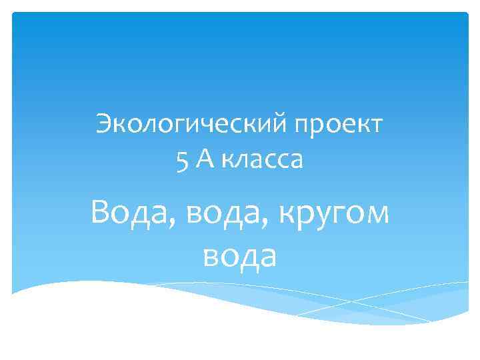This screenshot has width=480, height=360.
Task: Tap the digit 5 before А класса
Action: click(x=182, y=160)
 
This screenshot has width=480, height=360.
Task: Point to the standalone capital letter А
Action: click(x=203, y=160)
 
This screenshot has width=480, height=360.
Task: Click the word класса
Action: click(x=261, y=161)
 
